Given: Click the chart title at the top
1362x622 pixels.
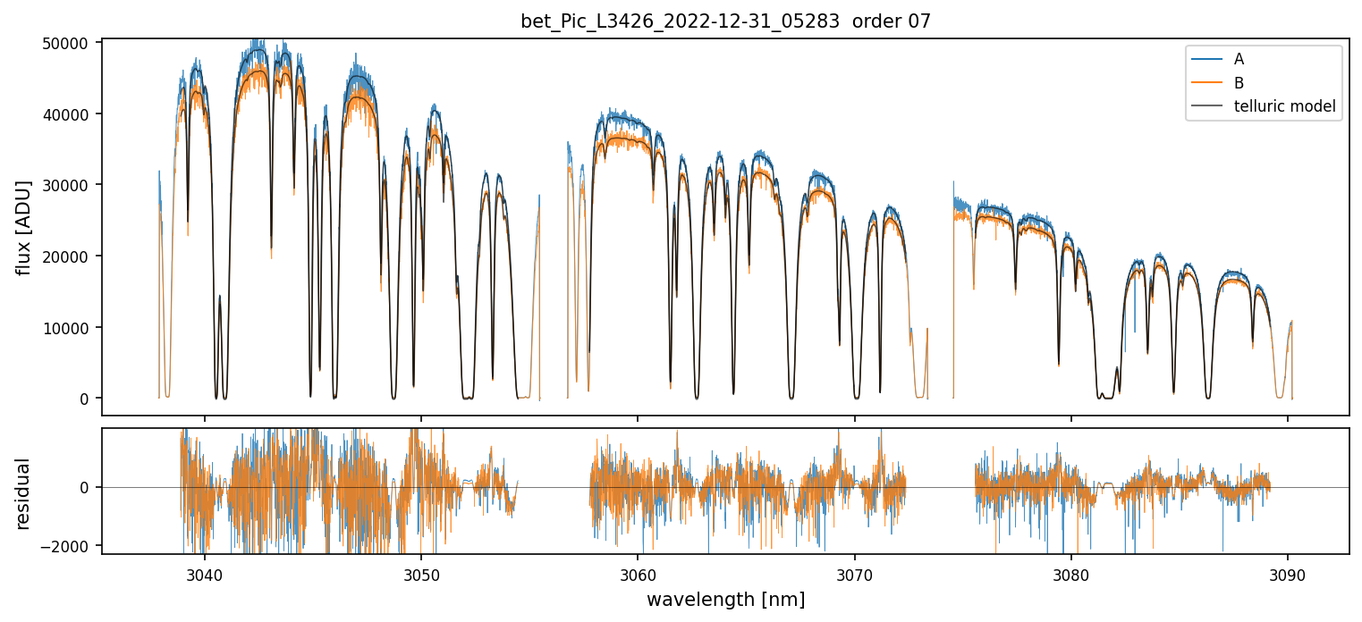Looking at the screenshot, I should pyautogui.click(x=725, y=21).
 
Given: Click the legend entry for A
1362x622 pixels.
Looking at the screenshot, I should pyautogui.click(x=1239, y=59).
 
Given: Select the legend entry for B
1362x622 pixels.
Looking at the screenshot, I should pyautogui.click(x=1239, y=83).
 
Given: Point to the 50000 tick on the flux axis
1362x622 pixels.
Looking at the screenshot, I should pyautogui.click(x=69, y=43).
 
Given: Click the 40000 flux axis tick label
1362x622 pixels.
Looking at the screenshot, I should pyautogui.click(x=69, y=114).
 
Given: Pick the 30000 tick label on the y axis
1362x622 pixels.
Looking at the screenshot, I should pyautogui.click(x=69, y=185).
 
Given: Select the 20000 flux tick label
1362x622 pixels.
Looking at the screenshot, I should pyautogui.click(x=69, y=256).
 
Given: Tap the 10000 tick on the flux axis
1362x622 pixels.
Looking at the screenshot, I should pyautogui.click(x=69, y=328).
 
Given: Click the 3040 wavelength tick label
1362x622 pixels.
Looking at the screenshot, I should pyautogui.click(x=204, y=573).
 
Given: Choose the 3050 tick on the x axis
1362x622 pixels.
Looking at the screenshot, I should pyautogui.click(x=420, y=573).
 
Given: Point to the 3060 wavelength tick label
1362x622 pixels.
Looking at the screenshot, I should pyautogui.click(x=638, y=573).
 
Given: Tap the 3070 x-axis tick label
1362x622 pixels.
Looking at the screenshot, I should pyautogui.click(x=854, y=573).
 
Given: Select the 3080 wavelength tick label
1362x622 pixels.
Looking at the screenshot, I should pyautogui.click(x=1071, y=573).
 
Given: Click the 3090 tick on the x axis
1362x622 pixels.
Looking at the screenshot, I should pyautogui.click(x=1288, y=573).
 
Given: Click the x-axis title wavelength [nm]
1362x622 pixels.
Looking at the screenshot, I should pyautogui.click(x=725, y=600).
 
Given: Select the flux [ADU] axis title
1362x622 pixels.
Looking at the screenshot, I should pyautogui.click(x=23, y=227).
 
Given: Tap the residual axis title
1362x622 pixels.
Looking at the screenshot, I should pyautogui.click(x=23, y=493).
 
